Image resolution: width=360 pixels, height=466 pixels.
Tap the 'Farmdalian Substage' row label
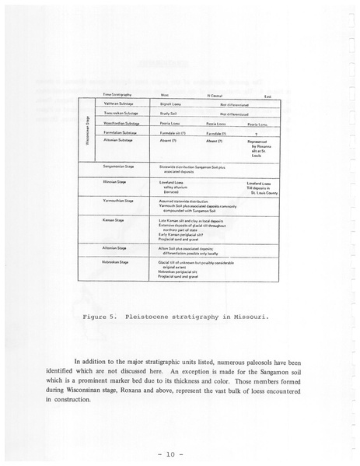point(120,133)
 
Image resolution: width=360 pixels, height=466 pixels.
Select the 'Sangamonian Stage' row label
point(121,166)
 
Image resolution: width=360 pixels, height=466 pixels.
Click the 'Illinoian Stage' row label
point(117,182)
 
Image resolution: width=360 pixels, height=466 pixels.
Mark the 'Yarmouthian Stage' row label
point(121,200)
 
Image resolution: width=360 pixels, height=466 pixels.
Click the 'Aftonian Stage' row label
point(116,248)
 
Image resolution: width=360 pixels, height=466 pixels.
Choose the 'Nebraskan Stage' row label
point(117,263)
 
